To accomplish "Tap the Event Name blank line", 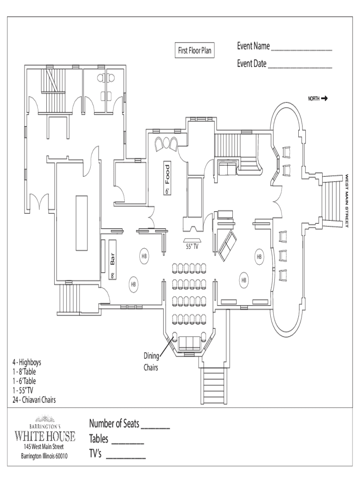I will click(301, 49).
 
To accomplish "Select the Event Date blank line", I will click(300, 67).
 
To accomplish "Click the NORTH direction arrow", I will click(324, 98).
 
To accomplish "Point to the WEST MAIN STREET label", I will click(347, 201).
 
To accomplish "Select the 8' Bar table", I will click(113, 260).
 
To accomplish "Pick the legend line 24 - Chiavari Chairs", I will click(35, 399).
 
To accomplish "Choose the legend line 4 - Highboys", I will click(27, 362).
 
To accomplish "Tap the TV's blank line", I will click(126, 456).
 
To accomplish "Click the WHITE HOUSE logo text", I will click(45, 437).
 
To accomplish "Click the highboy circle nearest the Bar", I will click(144, 256).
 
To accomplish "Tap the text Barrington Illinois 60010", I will click(45, 456).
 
